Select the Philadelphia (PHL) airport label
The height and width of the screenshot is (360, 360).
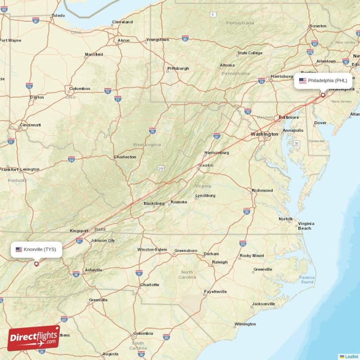point(323,81)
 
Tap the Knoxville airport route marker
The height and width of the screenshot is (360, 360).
point(36,264)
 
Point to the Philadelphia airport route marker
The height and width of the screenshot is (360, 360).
point(323,95)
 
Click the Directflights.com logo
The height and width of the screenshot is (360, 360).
point(34,338)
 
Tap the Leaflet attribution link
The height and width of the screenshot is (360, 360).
point(351,356)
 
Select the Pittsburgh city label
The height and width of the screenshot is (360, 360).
point(178,68)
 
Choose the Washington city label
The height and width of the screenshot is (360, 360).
point(264,134)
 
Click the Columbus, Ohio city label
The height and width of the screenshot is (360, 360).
point(80,89)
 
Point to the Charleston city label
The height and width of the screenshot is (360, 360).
point(125,157)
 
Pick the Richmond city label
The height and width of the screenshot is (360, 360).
point(262,190)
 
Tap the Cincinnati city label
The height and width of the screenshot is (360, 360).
point(30,125)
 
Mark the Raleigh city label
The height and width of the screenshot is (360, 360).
point(220,262)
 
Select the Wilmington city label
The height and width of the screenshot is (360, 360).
point(245,324)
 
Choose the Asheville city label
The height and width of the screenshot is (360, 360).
point(93,270)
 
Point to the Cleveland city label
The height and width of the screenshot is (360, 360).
point(122,22)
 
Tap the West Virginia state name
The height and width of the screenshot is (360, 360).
point(147,145)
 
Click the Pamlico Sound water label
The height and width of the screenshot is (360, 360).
point(307,279)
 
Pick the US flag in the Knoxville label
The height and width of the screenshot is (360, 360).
point(19,249)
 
